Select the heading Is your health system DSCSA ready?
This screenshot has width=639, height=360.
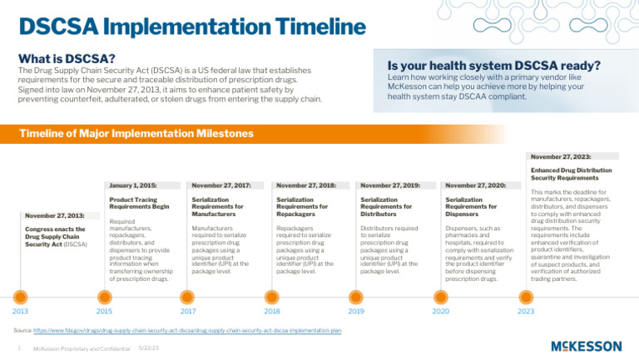tap(494, 65)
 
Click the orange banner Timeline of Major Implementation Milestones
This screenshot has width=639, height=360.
tap(136, 133)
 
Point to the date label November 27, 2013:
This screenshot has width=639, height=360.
tap(53, 215)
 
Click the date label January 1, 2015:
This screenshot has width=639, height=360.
tap(133, 185)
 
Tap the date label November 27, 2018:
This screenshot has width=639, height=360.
tap(306, 185)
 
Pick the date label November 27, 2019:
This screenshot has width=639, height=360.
tap(390, 185)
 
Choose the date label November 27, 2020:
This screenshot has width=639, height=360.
tap(475, 185)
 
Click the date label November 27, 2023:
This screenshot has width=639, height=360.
tap(561, 155)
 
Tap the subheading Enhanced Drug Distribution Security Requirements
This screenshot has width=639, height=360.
tap(565, 174)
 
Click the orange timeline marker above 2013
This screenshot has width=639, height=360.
tap(22, 296)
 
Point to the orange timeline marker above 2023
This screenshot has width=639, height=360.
tap(526, 296)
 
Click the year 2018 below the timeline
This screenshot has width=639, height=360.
tap(271, 311)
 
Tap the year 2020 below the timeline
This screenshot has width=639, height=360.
tap(440, 311)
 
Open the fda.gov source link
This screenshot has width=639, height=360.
tap(189, 331)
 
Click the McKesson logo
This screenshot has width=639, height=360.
tap(586, 346)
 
